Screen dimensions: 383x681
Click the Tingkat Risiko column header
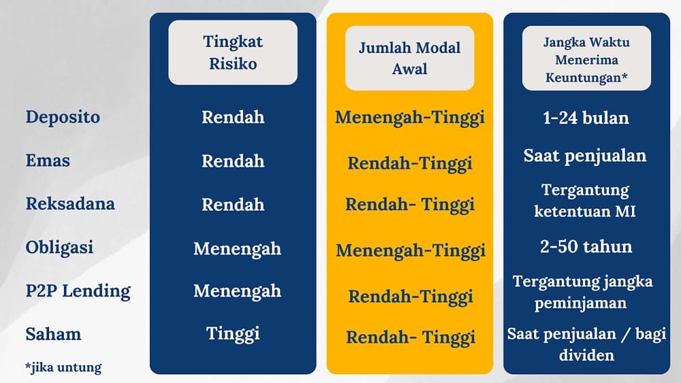(x=233, y=52)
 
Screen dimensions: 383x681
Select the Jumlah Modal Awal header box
(x=409, y=58)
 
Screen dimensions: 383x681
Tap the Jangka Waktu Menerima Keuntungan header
(x=586, y=59)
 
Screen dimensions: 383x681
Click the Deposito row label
(x=63, y=117)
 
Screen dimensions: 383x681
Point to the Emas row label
(x=48, y=161)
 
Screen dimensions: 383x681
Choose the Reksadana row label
(x=70, y=204)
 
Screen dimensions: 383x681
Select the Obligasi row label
(x=59, y=248)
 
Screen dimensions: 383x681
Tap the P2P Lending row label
(x=78, y=291)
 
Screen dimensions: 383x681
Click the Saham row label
(x=53, y=335)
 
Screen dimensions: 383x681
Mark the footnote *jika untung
(x=63, y=368)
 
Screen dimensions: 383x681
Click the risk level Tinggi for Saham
(x=233, y=333)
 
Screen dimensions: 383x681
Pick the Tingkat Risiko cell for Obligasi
(x=237, y=248)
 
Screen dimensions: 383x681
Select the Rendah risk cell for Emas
(x=233, y=161)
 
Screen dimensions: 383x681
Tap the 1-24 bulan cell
(x=586, y=118)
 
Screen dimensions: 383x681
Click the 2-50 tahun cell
(x=586, y=246)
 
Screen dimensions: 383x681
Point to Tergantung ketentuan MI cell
(x=586, y=200)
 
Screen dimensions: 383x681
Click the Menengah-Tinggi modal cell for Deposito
(x=410, y=118)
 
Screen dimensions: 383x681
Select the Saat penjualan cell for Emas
(x=585, y=156)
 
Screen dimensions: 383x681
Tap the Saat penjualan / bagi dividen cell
(x=586, y=344)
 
